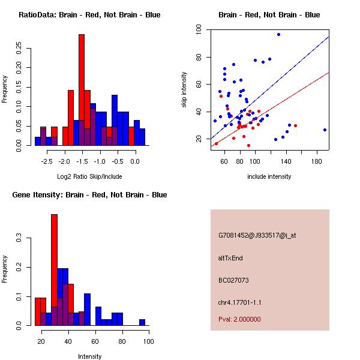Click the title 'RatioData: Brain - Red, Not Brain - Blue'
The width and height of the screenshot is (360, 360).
89,15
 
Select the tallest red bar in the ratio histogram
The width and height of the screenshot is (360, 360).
82,90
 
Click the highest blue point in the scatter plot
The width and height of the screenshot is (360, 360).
278,34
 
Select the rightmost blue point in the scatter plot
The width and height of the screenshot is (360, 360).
325,130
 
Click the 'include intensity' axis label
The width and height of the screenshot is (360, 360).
269,177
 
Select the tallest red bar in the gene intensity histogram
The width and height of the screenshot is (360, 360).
54,270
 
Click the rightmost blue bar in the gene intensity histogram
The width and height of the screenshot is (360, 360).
142,322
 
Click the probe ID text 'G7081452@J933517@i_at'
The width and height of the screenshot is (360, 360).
257,235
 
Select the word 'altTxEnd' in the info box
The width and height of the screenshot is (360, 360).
230,258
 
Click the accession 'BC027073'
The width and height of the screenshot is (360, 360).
233,280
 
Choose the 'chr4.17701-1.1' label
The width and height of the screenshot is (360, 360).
240,302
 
